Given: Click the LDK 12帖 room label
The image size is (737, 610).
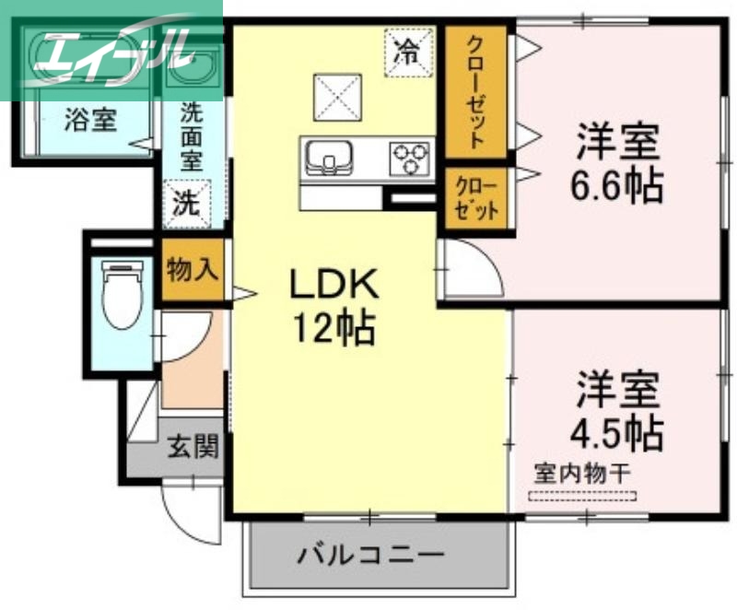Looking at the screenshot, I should [333, 305].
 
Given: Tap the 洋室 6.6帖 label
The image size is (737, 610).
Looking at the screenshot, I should [616, 163].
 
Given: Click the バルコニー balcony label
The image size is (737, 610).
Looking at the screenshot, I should [370, 557].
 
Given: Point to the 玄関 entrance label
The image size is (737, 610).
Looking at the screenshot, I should [193, 448].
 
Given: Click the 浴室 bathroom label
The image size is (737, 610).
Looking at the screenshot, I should [89, 119].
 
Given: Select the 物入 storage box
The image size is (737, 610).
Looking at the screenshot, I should [193, 270].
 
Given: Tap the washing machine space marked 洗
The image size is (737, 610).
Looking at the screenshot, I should [187, 202].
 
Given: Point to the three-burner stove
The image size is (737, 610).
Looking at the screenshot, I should [411, 157].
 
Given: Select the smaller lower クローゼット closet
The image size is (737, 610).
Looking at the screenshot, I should [475, 194].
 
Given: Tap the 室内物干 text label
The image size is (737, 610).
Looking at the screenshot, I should [582, 475].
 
